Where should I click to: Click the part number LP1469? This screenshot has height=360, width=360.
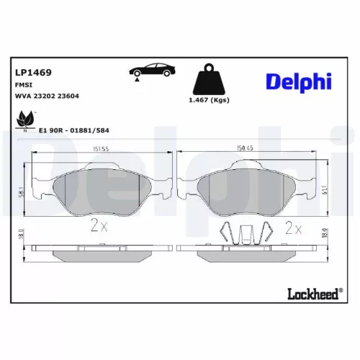click(32, 72)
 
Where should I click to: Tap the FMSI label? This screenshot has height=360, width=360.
click(24, 84)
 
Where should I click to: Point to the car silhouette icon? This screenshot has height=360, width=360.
click(152, 71)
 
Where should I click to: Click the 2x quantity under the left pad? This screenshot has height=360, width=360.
click(99, 228)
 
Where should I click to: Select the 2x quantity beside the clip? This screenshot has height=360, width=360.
click(293, 228)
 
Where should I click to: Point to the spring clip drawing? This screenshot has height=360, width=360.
click(245, 232)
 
